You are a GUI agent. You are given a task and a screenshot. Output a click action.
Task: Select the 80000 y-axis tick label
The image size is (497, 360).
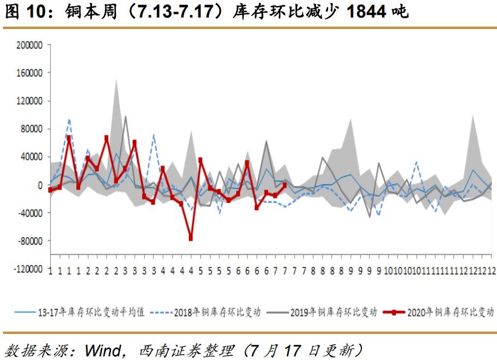click(28, 129)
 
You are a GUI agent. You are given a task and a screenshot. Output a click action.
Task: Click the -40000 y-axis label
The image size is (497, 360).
click(27, 213)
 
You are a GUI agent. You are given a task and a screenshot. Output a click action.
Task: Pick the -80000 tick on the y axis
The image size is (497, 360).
click(27, 241)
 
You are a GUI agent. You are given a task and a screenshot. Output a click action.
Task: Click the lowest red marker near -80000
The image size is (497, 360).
click(191, 238)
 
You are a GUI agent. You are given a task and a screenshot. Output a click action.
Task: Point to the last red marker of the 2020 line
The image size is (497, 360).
click(285, 185)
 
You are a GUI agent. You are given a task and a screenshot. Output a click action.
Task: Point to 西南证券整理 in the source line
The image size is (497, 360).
click(185, 350)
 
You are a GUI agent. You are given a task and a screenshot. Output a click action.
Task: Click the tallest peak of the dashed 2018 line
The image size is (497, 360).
click(69, 119)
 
